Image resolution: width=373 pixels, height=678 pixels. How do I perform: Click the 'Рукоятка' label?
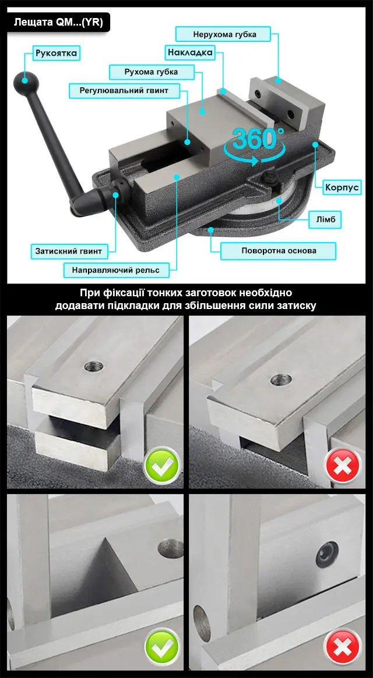click(57, 54)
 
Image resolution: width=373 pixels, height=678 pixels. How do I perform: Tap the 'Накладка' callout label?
click(190, 53)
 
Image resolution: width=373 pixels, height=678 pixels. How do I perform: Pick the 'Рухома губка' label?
click(151, 72)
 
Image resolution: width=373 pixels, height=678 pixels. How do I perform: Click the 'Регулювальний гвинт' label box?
click(124, 90)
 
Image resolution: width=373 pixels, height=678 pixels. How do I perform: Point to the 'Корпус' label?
click(342, 187)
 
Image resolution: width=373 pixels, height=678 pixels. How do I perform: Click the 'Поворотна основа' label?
click(279, 251)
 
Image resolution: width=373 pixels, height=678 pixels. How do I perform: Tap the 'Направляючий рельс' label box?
click(115, 270)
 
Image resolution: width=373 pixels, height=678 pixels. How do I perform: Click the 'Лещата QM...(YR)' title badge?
click(58, 23)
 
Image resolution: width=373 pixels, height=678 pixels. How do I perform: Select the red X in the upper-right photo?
click(343, 466)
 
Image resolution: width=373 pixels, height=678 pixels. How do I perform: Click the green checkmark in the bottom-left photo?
click(161, 647)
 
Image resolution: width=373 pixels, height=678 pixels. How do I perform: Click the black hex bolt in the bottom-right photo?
click(327, 555)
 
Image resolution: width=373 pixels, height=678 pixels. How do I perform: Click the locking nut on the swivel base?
click(270, 178)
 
